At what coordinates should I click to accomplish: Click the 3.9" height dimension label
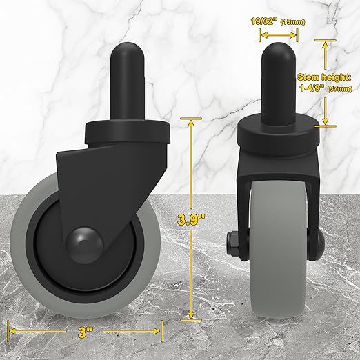pyautogui.click(x=191, y=220)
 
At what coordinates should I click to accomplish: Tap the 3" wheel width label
pyautogui.click(x=85, y=332)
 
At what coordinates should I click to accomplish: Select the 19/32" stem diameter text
pyautogui.click(x=263, y=21)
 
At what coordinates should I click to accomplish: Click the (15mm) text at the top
pyautogui.click(x=292, y=22)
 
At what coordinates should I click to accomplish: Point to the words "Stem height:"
pyautogui.click(x=324, y=77)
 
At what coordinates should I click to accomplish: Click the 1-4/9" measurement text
pyautogui.click(x=312, y=88)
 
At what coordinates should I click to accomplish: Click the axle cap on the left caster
pyautogui.click(x=84, y=245)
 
